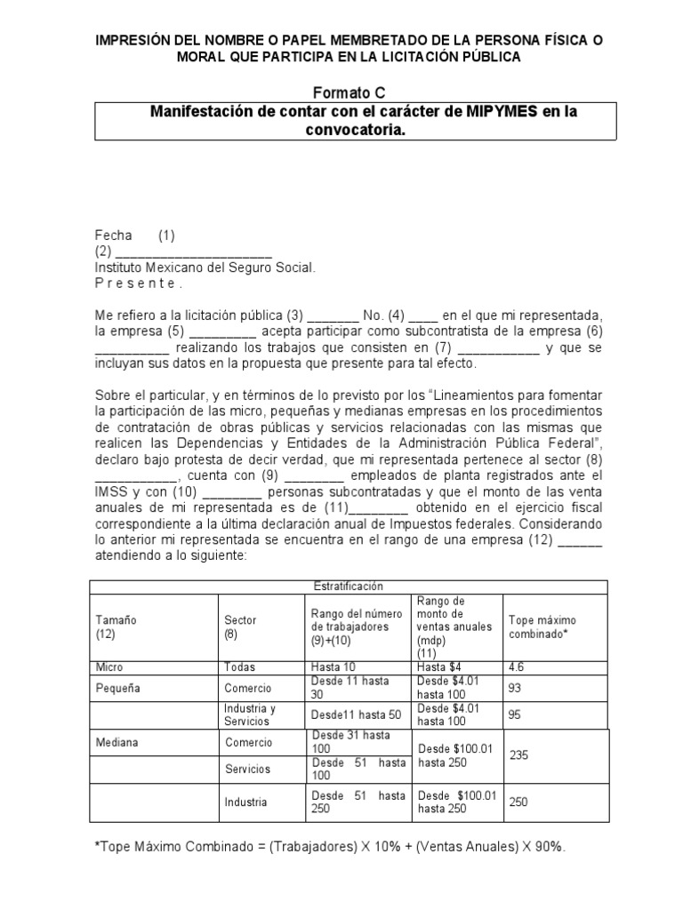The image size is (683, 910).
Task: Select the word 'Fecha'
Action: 113,235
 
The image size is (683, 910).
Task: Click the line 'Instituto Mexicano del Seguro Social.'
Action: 205,267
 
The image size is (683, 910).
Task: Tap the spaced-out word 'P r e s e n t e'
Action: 137,283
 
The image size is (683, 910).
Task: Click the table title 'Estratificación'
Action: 348,587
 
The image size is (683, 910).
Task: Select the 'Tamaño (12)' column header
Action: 116,627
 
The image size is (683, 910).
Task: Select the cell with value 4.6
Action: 516,667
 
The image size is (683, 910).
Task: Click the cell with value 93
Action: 514,688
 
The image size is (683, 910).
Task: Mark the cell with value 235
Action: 518,754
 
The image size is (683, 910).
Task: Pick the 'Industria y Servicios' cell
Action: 250,714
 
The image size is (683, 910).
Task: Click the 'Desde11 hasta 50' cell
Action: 355,714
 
